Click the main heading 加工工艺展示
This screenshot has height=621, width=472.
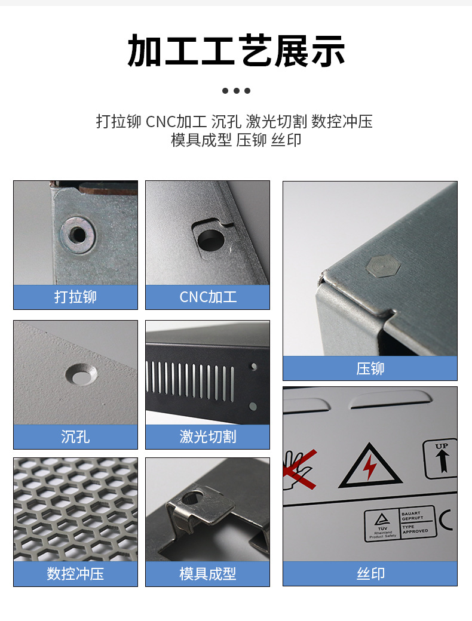click(236, 51)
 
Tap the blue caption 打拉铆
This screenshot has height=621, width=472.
click(75, 297)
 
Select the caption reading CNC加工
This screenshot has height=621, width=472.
click(207, 297)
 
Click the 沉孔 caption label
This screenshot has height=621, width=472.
click(75, 436)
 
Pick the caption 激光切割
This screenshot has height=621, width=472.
click(207, 436)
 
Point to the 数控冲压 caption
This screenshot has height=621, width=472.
click(75, 574)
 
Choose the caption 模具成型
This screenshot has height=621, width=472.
click(207, 574)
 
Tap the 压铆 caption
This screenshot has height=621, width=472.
click(370, 368)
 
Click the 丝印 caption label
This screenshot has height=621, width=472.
click(370, 574)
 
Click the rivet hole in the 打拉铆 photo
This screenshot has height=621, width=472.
click(77, 233)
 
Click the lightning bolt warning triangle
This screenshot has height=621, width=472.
click(370, 466)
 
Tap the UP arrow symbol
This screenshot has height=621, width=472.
click(441, 459)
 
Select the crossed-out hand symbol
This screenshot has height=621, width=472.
click(299, 469)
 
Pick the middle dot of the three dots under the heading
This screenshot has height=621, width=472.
click(236, 91)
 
